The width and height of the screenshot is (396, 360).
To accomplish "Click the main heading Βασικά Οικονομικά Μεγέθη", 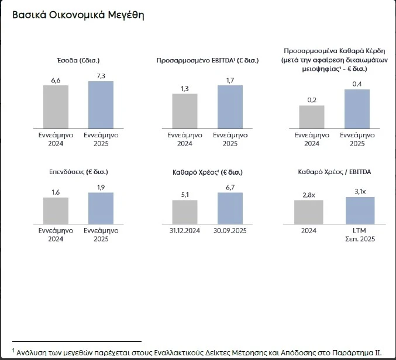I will pyautogui.click(x=78, y=15).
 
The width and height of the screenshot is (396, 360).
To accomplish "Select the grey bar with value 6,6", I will pyautogui.click(x=56, y=106).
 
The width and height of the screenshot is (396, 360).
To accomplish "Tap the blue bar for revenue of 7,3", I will pyautogui.click(x=101, y=104).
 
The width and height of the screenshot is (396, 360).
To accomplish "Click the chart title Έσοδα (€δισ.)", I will pyautogui.click(x=78, y=60).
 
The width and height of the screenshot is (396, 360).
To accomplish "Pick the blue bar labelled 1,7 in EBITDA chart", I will pyautogui.click(x=230, y=106).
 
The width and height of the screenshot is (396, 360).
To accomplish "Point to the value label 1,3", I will pyautogui.click(x=185, y=88).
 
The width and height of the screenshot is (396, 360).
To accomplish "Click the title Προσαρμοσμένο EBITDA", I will pyautogui.click(x=207, y=60).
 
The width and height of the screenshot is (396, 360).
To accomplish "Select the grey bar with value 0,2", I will pyautogui.click(x=312, y=116).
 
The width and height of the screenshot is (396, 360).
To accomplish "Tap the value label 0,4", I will pyautogui.click(x=357, y=84).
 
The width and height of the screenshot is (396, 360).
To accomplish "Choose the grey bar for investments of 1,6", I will pyautogui.click(x=56, y=210).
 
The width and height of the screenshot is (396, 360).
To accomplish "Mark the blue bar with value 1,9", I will pyautogui.click(x=101, y=208).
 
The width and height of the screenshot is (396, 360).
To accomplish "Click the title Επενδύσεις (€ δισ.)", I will pyautogui.click(x=78, y=172).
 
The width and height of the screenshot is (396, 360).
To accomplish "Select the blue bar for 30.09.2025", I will pyautogui.click(x=230, y=208).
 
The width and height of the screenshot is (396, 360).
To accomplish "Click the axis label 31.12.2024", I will pyautogui.click(x=185, y=231).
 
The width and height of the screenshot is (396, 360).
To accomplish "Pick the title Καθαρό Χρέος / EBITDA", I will pyautogui.click(x=333, y=172).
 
